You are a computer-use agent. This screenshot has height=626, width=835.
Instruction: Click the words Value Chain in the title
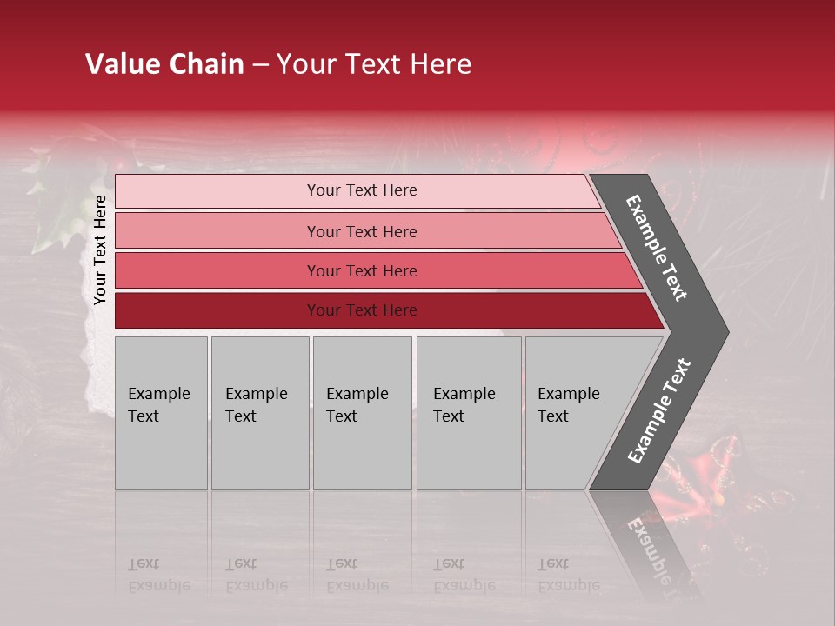tap(164, 64)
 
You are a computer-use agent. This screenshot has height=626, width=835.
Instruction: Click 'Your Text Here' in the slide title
tap(374, 64)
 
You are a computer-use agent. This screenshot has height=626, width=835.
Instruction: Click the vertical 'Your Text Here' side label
tap(100, 250)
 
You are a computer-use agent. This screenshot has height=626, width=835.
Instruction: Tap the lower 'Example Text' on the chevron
tap(659, 411)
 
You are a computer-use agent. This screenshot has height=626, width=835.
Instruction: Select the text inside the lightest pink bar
tap(362, 190)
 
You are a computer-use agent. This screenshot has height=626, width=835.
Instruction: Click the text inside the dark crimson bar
tap(362, 310)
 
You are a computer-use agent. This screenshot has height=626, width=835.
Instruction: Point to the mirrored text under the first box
tap(158, 575)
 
